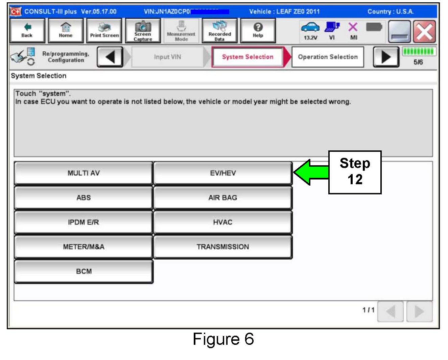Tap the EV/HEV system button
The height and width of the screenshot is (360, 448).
pos(222,173)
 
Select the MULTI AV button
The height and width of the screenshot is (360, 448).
pos(83,173)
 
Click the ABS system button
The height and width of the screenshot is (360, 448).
pos(83,198)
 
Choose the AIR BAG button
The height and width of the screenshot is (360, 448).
pos(222,198)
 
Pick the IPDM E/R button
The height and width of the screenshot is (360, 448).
pos(83,222)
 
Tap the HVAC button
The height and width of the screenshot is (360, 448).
pos(222,222)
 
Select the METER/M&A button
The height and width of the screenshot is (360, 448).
pos(83,247)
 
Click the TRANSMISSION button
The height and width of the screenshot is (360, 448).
pos(222,247)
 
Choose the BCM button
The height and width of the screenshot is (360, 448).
pos(83,271)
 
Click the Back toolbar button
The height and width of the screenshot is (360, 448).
pos(27,30)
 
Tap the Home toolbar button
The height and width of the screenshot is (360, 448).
pos(66,30)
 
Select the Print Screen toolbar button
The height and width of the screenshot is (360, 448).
pos(104,30)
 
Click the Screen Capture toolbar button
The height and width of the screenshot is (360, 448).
pos(143,30)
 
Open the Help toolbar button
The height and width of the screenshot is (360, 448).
pos(258,30)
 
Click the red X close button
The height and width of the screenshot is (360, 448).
pos(425,32)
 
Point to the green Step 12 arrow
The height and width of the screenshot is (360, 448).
pos(310,172)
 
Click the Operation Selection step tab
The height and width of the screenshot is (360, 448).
pos(327,57)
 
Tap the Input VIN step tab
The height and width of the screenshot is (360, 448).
pos(167,57)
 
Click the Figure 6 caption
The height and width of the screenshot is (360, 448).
pos(223,339)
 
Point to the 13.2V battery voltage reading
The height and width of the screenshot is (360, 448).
pos(310,38)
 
